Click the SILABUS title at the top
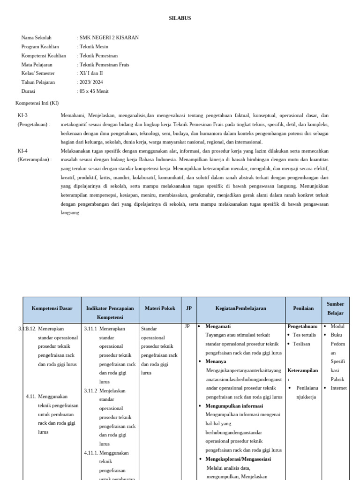180,18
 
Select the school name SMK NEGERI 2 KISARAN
109,37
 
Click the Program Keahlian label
40,46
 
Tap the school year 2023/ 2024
91,82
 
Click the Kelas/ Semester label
38,73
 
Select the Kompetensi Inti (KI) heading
37,103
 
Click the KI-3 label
22,115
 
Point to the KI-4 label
22,151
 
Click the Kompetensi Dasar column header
52,308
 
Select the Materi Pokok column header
160,308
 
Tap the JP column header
189,308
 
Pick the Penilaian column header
303,308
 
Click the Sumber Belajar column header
335,308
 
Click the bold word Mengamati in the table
218,326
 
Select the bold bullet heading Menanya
216,361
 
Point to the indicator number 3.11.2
90,391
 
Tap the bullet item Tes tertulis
304,335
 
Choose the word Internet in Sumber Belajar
338,388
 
